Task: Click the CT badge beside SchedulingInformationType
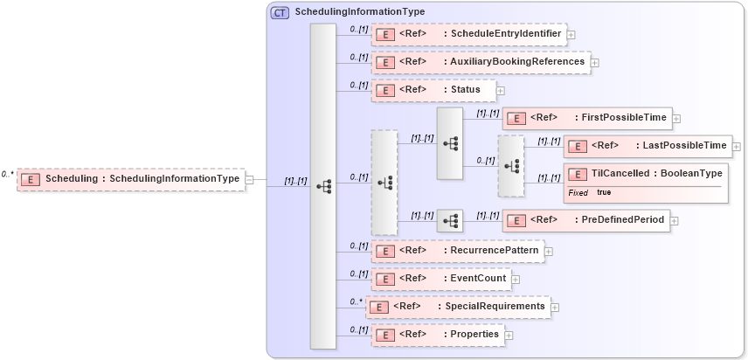pos(280,12)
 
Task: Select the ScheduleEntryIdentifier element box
pos(468,35)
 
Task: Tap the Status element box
pos(433,90)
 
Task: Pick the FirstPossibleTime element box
pos(585,118)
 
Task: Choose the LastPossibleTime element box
pos(647,146)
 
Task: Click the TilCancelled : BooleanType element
pos(646,174)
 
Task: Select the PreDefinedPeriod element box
pos(585,220)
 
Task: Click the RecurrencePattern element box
pos(456,252)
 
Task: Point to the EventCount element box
pos(440,279)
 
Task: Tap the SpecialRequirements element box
pos(457,307)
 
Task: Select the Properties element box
pos(437,335)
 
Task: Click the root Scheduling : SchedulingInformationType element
pos(131,179)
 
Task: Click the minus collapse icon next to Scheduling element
pos(250,179)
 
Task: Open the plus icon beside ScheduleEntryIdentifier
pos(571,35)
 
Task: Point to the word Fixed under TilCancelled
pos(578,192)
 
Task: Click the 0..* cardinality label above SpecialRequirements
pos(356,301)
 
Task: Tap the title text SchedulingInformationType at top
pos(359,12)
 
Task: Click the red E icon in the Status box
pos(385,90)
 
